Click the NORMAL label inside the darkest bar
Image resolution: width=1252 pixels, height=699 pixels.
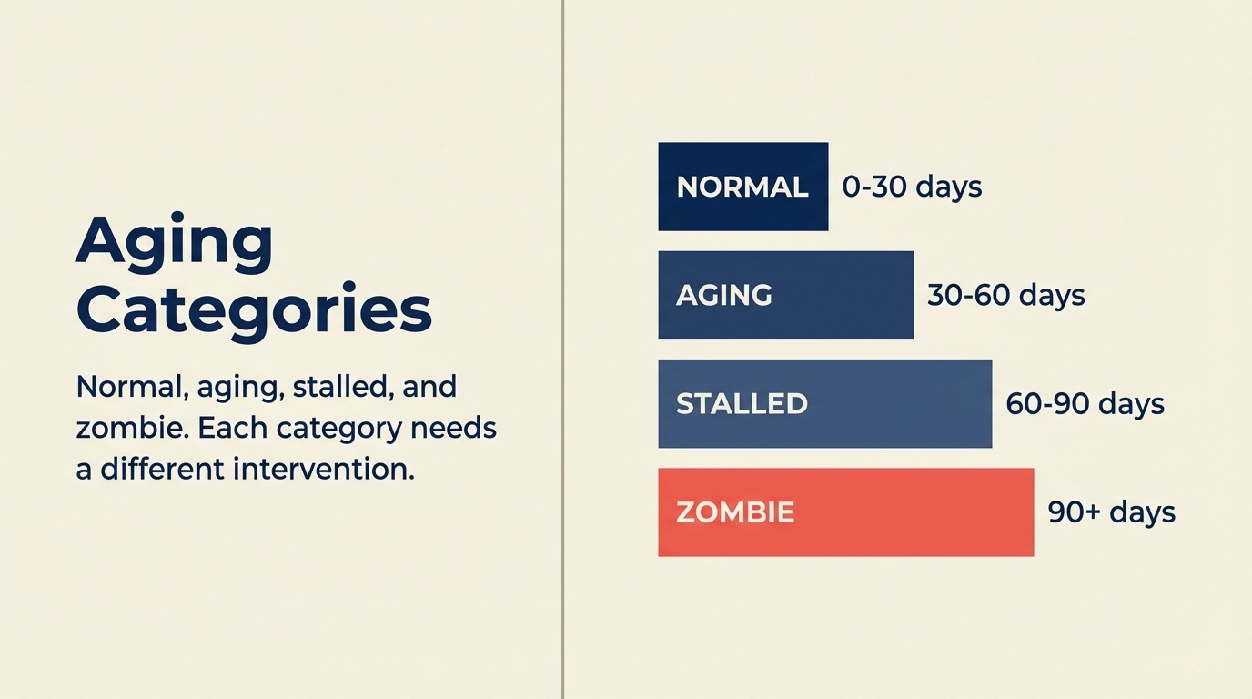(742, 187)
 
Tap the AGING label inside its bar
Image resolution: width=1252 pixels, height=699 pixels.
(724, 295)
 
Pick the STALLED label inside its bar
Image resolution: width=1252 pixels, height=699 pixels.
(742, 403)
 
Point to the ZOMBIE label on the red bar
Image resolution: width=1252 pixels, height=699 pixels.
(735, 512)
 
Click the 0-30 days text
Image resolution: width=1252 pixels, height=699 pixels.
(912, 187)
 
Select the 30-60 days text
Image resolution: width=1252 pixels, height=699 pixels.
(1005, 295)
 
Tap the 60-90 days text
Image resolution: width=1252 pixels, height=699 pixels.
(1085, 403)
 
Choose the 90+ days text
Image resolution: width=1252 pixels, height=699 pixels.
(1111, 512)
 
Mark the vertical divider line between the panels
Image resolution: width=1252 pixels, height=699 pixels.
(563, 349)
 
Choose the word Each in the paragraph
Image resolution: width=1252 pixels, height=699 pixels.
(231, 428)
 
